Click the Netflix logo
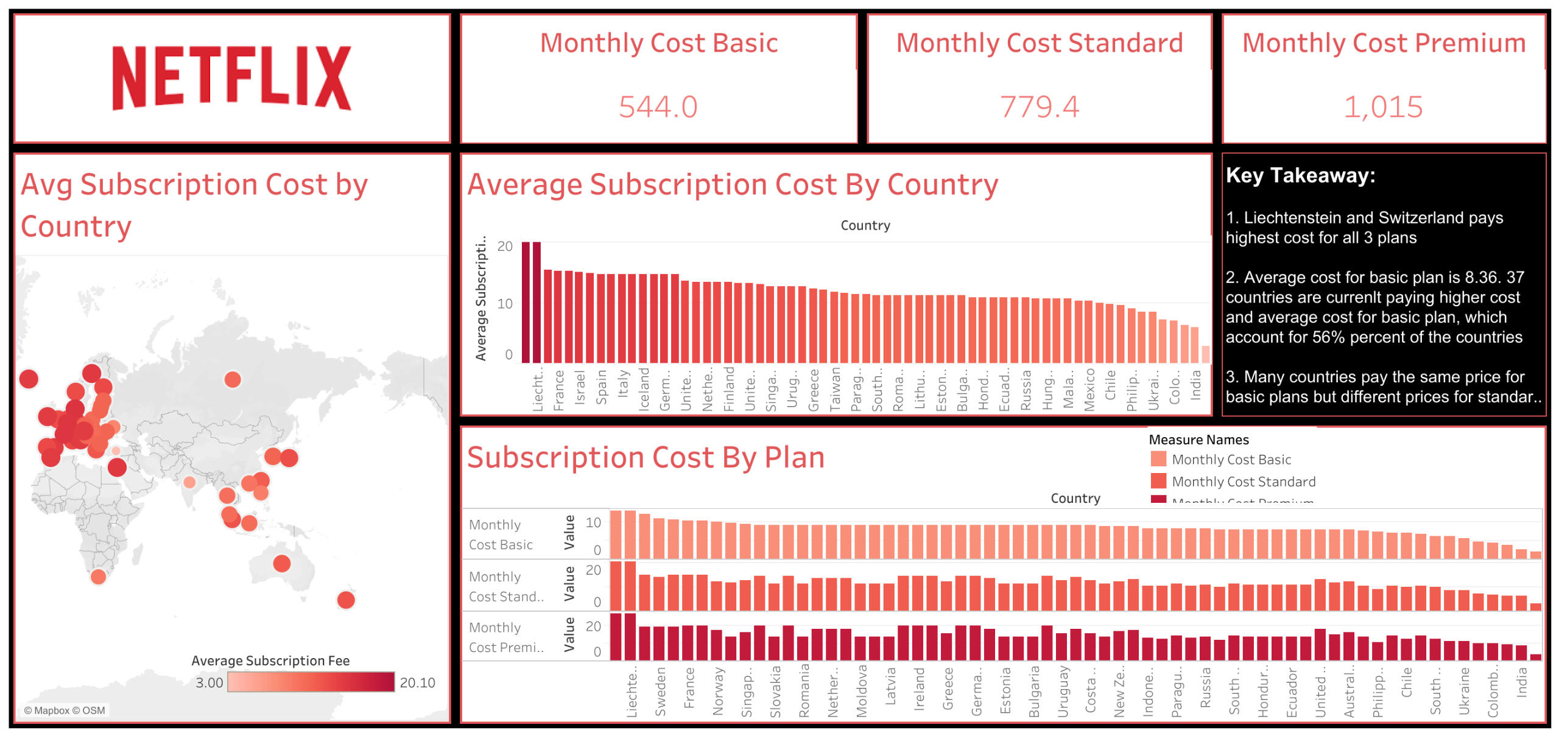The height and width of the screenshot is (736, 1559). (231, 77)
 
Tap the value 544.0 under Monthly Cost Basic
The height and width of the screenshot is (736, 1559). (658, 107)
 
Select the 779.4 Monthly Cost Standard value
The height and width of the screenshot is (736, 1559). (1039, 107)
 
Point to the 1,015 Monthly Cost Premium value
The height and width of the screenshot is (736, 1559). (1383, 107)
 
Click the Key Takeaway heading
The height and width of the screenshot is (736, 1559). (1300, 175)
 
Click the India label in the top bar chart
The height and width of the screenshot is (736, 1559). (1196, 385)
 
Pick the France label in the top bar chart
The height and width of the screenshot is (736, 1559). (559, 390)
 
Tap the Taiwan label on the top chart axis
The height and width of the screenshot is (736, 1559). (836, 388)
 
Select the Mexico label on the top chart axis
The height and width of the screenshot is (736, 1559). (1089, 389)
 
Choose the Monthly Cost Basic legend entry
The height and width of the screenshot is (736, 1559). (1231, 460)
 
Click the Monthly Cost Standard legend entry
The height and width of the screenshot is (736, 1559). (1243, 482)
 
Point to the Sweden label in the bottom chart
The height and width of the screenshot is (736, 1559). (661, 692)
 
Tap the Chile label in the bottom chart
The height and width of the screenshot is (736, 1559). (1406, 682)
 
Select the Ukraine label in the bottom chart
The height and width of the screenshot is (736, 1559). (1464, 691)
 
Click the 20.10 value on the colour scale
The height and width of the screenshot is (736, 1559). (417, 683)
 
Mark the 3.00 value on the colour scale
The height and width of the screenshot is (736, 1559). (209, 683)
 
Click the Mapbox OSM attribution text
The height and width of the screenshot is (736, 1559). (65, 710)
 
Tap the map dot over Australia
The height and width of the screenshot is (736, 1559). (281, 563)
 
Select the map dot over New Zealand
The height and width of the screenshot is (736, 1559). (346, 600)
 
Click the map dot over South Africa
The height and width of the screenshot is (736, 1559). (98, 576)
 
